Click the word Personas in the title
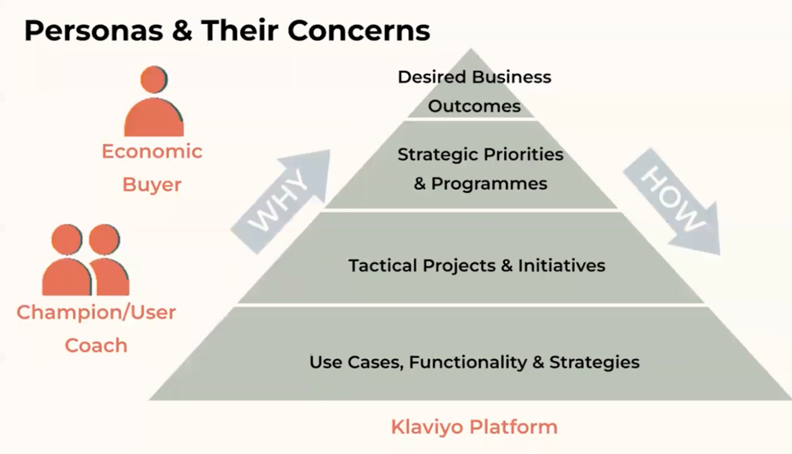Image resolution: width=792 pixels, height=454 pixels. [94, 31]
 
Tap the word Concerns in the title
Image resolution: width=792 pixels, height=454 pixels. [359, 31]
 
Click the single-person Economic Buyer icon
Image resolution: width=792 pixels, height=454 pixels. [154, 101]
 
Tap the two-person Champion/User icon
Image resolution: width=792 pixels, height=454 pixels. [86, 260]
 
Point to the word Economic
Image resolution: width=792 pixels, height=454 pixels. [152, 151]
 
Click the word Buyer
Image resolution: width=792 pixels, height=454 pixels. [152, 185]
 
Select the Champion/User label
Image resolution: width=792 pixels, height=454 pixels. [96, 312]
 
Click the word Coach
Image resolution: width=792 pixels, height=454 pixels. [96, 346]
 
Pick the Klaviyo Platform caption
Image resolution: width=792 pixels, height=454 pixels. [474, 427]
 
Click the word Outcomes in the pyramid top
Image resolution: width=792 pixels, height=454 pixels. [474, 106]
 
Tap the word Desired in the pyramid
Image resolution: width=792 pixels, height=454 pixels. [432, 77]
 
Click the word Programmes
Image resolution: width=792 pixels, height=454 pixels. [489, 184]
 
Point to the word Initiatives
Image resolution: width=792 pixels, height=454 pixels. [561, 266]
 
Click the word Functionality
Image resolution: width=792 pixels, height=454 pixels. [468, 362]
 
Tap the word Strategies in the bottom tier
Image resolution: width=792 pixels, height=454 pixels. [594, 362]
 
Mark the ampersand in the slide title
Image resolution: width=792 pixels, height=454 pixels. [182, 31]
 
